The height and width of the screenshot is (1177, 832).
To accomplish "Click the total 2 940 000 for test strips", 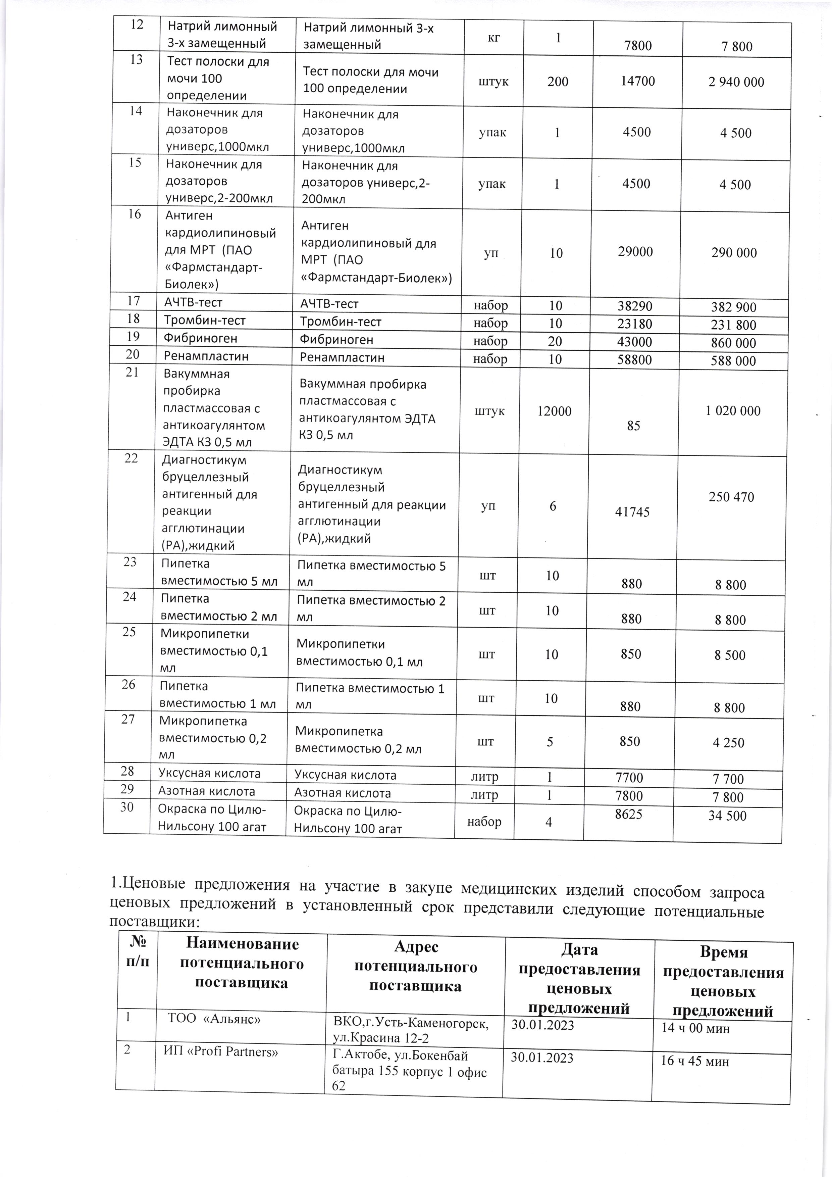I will pyautogui.click(x=736, y=82).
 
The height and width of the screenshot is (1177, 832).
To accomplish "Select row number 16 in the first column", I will pyautogui.click(x=134, y=214).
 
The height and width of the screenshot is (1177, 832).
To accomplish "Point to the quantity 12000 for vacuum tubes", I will pyautogui.click(x=554, y=411).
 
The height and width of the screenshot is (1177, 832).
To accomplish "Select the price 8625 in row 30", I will pyautogui.click(x=628, y=815).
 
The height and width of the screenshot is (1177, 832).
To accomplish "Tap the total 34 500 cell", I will pyautogui.click(x=727, y=816).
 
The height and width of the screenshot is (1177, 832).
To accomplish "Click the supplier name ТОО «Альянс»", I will pyautogui.click(x=214, y=1019).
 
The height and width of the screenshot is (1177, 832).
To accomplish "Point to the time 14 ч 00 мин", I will pyautogui.click(x=695, y=1027).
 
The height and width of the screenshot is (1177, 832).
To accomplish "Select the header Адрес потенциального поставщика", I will pyautogui.click(x=415, y=967).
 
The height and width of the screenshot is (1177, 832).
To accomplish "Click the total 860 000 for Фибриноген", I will pyautogui.click(x=734, y=343).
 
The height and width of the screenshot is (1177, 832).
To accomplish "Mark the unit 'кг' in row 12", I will pyautogui.click(x=494, y=38).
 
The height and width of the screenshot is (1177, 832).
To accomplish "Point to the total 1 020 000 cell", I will pyautogui.click(x=733, y=410).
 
